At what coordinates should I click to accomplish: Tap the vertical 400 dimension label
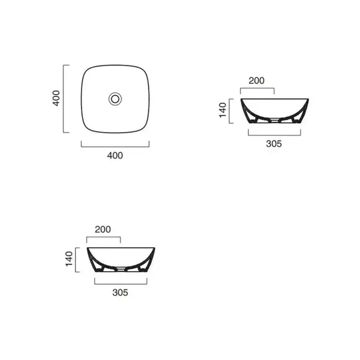point(56,98)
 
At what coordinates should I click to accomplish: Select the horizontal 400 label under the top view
point(115,155)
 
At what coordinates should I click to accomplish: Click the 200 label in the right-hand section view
point(256,80)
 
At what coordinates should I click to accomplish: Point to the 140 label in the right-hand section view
point(223,110)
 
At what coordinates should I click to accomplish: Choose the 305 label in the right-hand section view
point(274,144)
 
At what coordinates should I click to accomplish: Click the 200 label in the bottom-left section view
point(103,229)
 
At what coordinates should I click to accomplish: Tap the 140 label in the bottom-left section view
point(69,259)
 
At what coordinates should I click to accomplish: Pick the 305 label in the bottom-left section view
point(120,293)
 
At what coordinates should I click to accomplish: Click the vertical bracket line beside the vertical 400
point(64,99)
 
